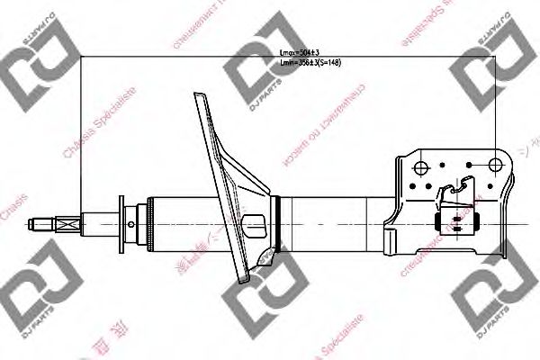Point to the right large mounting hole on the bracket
point(494,165)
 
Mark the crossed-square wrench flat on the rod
point(67,220)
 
